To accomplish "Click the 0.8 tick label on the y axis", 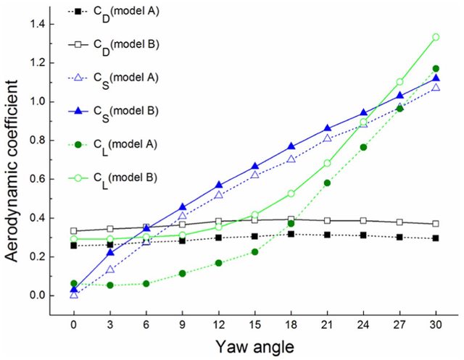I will pos(36,141).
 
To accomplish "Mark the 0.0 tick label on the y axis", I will pos(36,296).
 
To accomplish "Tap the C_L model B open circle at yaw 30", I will pos(436,37).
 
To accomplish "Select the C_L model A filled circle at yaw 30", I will pos(436,69).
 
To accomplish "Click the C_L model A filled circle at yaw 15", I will pos(255,252).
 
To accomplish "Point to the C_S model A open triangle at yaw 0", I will pos(74,294).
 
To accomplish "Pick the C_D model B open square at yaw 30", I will pos(436,224).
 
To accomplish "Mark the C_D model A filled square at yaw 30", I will pos(436,238).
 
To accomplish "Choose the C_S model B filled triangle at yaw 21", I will pos(328,128).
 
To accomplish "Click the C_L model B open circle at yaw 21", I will pos(328,163).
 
